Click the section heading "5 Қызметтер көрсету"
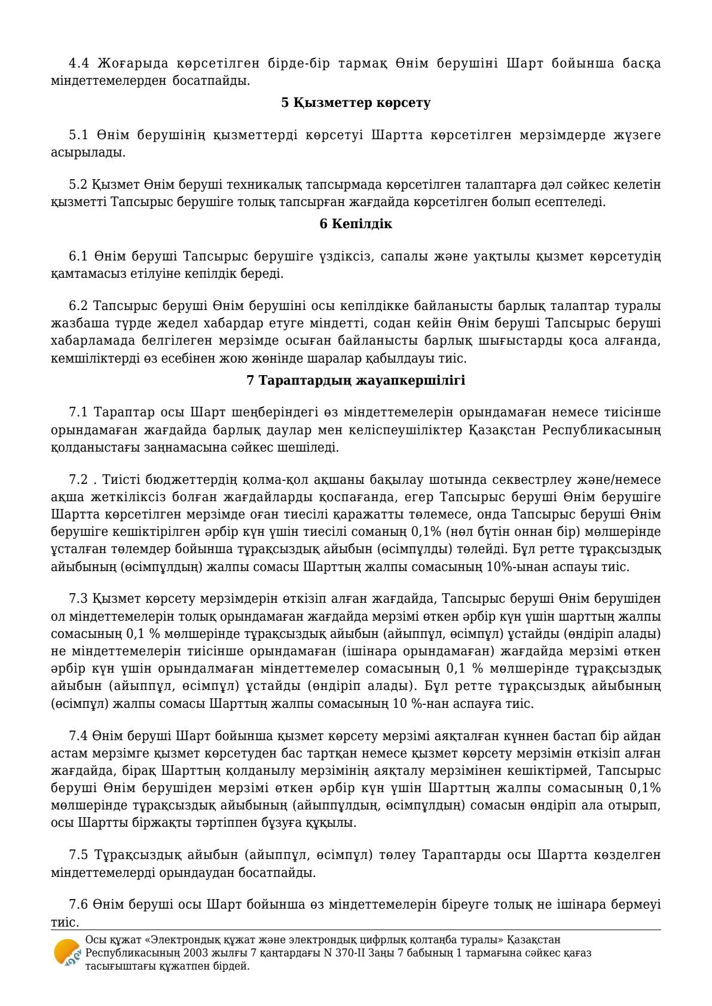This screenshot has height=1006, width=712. click(x=356, y=103)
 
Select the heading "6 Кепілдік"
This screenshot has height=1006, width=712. click(x=356, y=224)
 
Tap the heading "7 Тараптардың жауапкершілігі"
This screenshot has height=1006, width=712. click(x=356, y=380)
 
